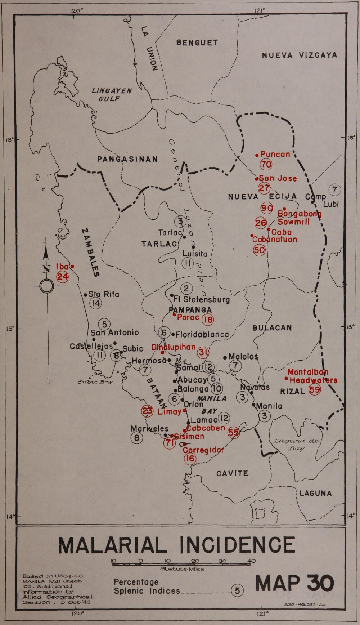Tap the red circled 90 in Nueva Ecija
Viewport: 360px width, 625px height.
tap(267, 208)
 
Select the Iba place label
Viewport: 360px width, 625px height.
tap(62, 267)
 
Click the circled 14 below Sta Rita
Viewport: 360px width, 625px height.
tap(96, 303)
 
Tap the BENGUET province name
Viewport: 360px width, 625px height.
tap(197, 43)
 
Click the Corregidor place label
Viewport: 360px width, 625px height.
tap(203, 450)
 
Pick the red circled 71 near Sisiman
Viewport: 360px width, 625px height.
tap(169, 443)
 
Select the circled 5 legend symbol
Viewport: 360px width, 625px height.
tap(237, 590)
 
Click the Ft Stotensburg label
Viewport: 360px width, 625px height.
tap(201, 299)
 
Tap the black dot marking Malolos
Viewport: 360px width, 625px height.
tap(225, 358)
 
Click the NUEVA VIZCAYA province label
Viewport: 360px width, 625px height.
tap(299, 55)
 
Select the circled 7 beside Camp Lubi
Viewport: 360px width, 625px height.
tap(334, 189)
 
